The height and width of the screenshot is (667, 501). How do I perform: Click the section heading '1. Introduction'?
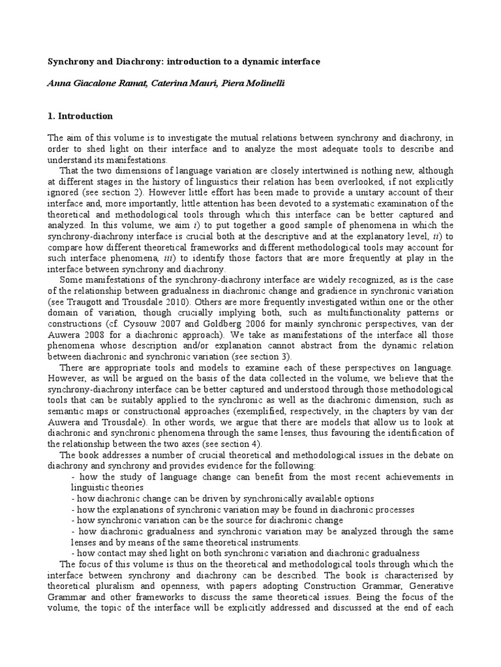(80, 117)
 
